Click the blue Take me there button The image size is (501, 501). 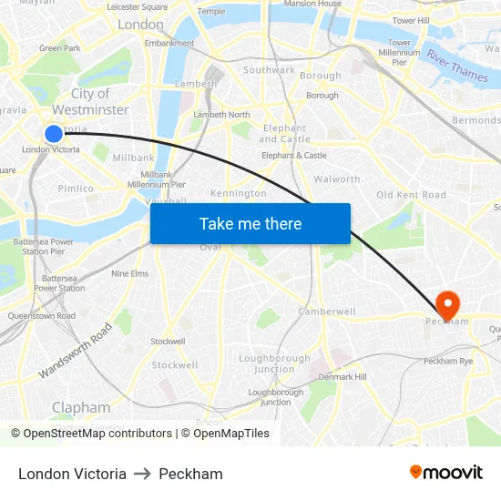[x=250, y=223]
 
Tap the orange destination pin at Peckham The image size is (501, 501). [x=448, y=305]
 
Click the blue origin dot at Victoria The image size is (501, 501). [x=54, y=133]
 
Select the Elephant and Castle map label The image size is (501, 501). [x=284, y=134]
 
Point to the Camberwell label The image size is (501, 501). [x=327, y=312]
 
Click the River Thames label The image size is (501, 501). [x=457, y=66]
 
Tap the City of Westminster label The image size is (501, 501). [x=89, y=101]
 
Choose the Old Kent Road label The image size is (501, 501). [x=411, y=195]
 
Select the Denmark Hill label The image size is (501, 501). [x=343, y=376]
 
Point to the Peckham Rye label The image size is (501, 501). [x=448, y=362]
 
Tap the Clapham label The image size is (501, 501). [x=81, y=407]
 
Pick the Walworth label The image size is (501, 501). [x=337, y=179]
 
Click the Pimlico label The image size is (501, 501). [x=76, y=189]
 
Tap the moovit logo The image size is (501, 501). [x=446, y=473]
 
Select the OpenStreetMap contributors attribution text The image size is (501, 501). [x=91, y=434]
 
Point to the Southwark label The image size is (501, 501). [x=269, y=70]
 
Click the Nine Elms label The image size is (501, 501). [x=129, y=273]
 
